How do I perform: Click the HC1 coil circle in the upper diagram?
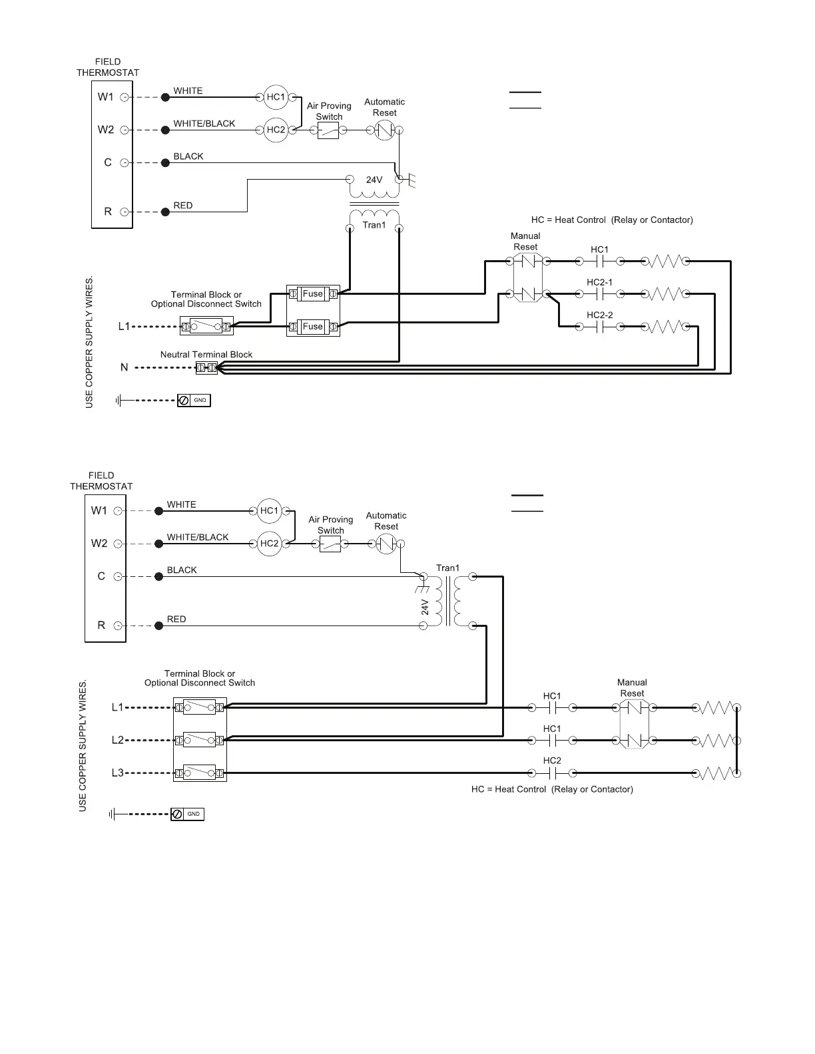[276, 97]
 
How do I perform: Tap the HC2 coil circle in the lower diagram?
[270, 543]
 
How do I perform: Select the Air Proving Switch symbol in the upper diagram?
[328, 130]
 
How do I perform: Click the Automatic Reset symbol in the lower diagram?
[386, 544]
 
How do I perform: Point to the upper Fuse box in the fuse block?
[312, 293]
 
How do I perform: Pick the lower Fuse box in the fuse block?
[312, 327]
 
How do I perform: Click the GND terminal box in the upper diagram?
[194, 400]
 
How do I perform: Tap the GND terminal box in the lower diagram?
[187, 814]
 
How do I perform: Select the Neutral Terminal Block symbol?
[206, 368]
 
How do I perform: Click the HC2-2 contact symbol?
[600, 327]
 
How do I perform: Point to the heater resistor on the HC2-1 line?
[665, 294]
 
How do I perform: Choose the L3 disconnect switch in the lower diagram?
[200, 773]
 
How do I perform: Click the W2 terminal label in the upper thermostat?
[106, 130]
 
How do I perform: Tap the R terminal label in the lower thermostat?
[101, 625]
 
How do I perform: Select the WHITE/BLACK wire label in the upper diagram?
[204, 124]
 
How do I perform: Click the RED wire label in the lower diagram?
[176, 619]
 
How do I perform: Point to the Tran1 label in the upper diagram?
[374, 225]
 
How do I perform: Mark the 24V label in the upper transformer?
[374, 180]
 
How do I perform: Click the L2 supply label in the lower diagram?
[117, 740]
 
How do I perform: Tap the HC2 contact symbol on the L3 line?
[553, 773]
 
